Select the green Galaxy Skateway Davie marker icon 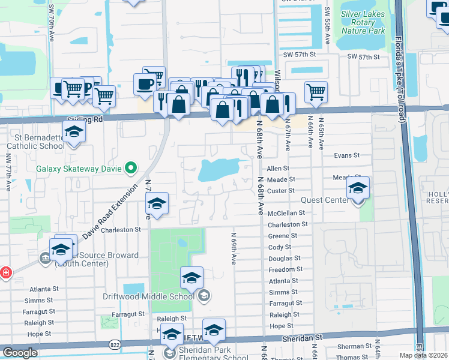129,169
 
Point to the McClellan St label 287,212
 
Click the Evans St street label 347,155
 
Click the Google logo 20,352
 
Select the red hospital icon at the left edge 5,272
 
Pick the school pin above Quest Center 357,188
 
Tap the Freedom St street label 286,269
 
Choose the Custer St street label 282,190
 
